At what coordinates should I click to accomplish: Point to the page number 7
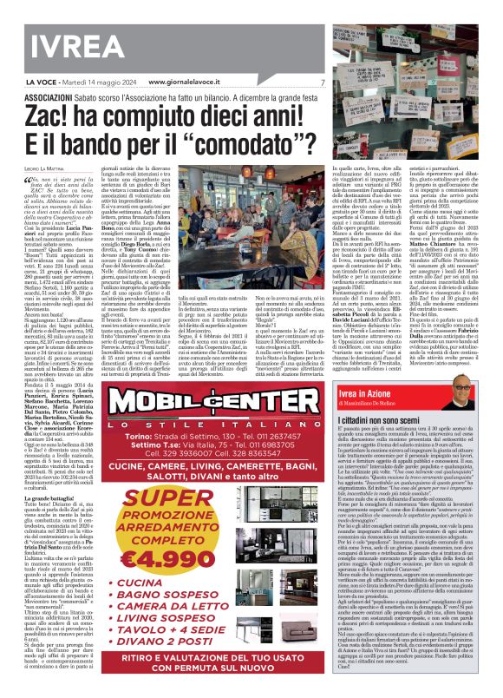[x=322, y=83]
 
